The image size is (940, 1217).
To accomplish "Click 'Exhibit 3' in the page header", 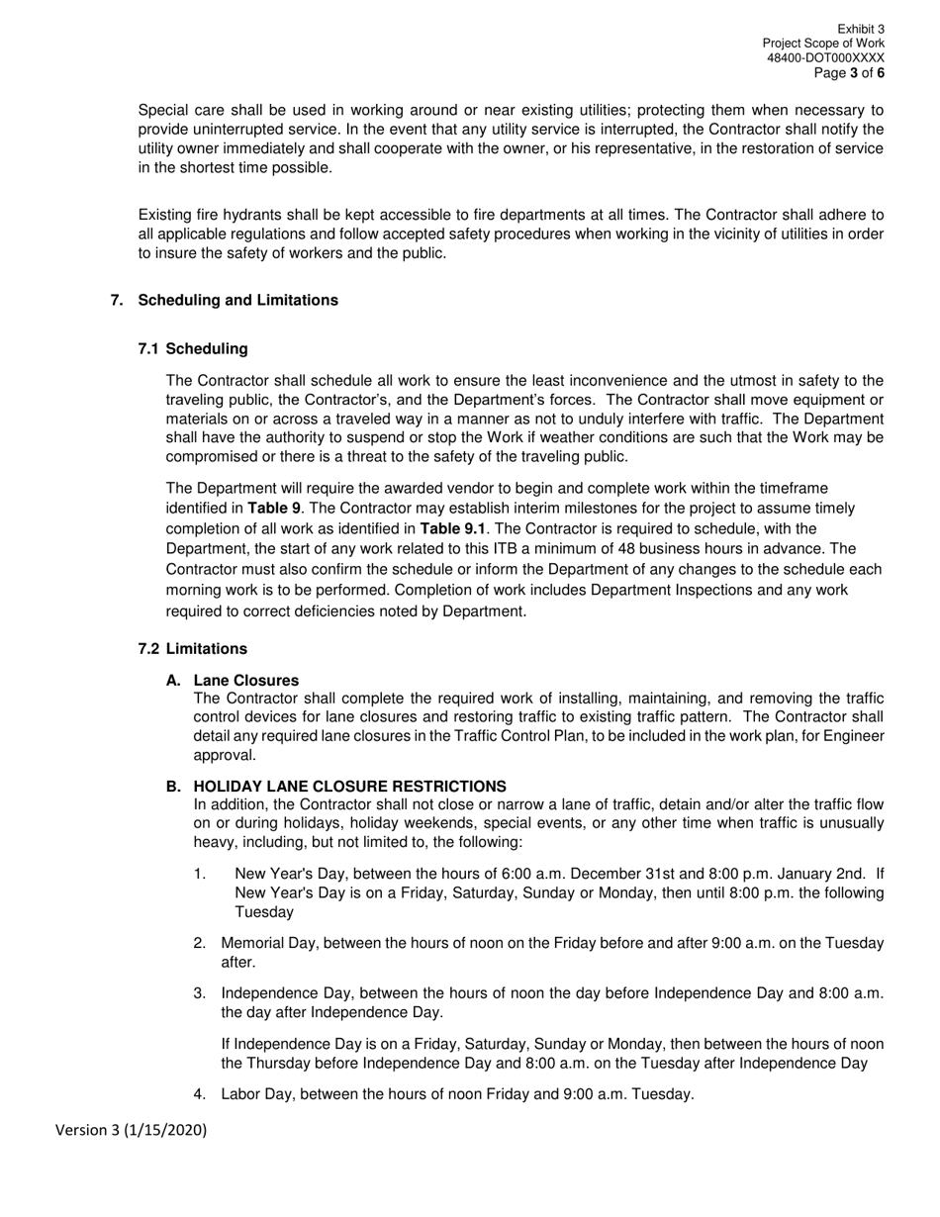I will (861, 30).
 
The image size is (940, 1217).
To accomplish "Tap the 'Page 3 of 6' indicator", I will (849, 73).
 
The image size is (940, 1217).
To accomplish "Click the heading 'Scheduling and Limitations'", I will (237, 300).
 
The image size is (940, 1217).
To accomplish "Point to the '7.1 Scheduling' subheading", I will (193, 348).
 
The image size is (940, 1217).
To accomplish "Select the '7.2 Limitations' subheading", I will (193, 648).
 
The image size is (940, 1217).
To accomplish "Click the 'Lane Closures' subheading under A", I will (245, 680).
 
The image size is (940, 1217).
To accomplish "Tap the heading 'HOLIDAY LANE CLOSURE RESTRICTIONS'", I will (349, 786).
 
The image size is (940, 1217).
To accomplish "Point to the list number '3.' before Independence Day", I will (200, 992).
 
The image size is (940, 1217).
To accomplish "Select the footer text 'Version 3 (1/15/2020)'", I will (131, 1129).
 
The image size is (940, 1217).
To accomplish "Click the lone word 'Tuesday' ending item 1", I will (263, 911).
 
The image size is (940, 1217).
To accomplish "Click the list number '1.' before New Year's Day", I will (200, 874).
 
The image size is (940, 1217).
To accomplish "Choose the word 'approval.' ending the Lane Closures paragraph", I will (225, 755).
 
